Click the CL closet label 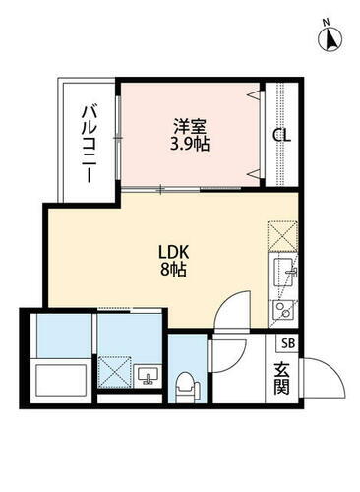[281, 135]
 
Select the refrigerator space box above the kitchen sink [281, 236]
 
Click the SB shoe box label [288, 343]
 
